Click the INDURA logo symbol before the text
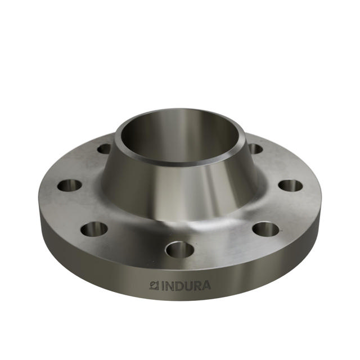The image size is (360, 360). (153, 286)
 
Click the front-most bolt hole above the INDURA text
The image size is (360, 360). (180, 249)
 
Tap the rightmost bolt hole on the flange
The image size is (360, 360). (290, 185)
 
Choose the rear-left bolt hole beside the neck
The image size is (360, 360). (105, 149)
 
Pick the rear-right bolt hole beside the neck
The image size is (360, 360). (255, 149)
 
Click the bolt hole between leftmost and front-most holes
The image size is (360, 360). (94, 228)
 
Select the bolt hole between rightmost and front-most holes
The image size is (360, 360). (265, 228)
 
